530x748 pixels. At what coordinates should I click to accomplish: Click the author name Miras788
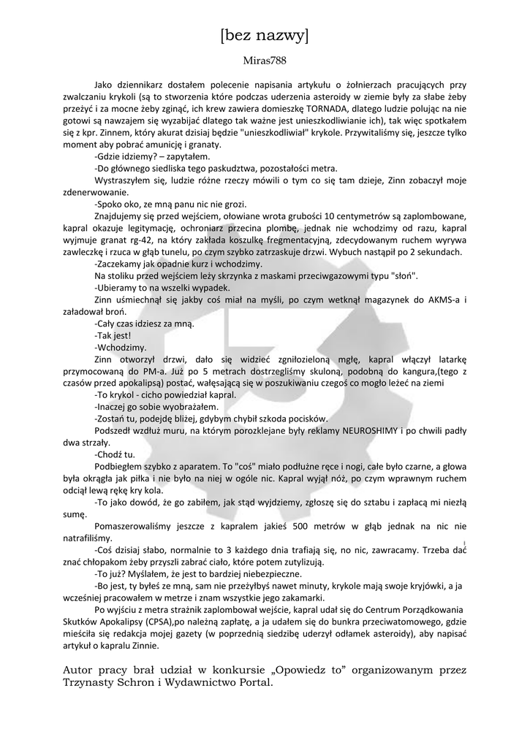click(x=264, y=61)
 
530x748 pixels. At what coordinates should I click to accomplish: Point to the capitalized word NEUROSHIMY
click(x=397, y=430)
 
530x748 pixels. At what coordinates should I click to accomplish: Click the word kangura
click(x=409, y=371)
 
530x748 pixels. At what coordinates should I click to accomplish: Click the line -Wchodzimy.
click(x=121, y=348)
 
